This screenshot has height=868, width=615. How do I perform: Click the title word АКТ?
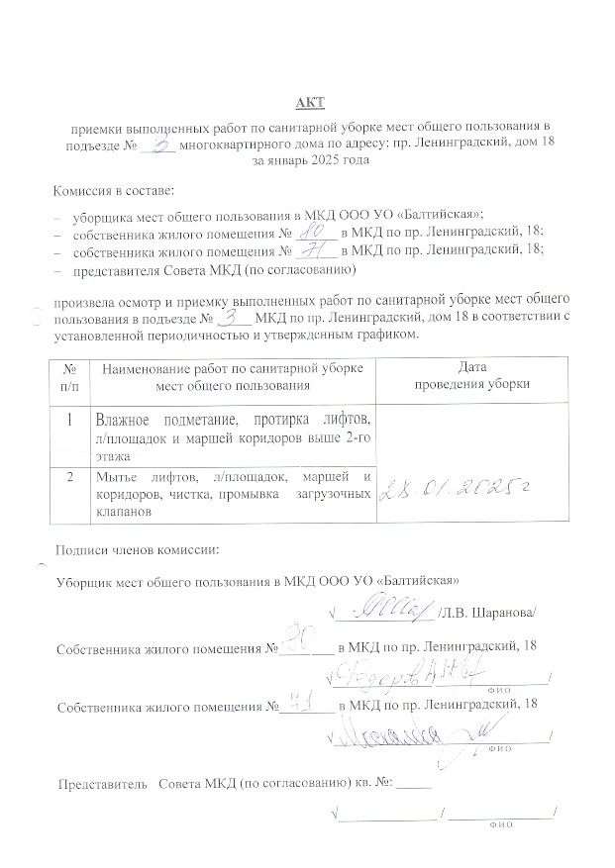308,102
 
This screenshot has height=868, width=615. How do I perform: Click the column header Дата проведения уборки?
474,375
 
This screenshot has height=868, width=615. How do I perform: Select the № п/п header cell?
71,375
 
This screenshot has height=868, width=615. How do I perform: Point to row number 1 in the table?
70,419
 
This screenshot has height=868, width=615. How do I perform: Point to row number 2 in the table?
70,479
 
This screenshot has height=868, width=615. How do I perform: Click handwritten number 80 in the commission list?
314,232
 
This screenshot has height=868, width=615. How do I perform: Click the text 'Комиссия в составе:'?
114,188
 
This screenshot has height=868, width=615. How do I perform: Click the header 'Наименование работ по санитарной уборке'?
232,367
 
